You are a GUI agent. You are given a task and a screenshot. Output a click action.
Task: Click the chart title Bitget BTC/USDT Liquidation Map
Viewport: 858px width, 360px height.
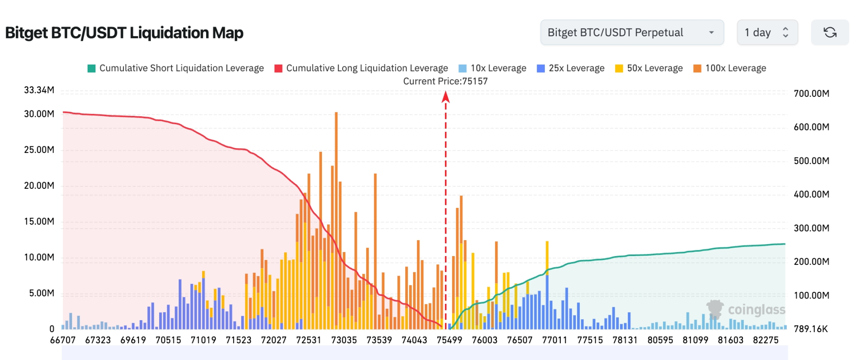click(124, 33)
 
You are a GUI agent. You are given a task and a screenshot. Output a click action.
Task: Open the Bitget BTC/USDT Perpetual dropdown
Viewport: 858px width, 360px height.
click(632, 32)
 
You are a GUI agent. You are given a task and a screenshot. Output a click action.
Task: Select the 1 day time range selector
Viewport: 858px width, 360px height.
click(767, 32)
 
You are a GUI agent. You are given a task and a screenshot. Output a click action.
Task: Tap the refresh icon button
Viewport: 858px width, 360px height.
click(830, 32)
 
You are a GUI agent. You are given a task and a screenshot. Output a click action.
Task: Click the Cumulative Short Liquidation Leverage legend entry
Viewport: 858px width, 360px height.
click(176, 68)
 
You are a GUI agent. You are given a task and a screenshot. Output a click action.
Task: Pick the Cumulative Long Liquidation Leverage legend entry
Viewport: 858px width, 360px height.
click(361, 68)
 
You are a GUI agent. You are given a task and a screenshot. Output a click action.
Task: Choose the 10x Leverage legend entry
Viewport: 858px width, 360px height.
click(493, 68)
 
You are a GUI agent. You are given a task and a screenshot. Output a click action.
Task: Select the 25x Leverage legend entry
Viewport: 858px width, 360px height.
click(571, 68)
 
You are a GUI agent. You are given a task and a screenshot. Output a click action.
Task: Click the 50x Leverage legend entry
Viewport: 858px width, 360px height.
click(649, 68)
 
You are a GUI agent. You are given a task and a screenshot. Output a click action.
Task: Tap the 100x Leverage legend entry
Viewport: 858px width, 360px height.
click(730, 68)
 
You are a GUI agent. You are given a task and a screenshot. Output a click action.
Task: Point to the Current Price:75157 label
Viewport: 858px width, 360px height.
click(445, 81)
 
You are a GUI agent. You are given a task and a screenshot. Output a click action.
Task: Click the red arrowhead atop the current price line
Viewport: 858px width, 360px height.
click(446, 96)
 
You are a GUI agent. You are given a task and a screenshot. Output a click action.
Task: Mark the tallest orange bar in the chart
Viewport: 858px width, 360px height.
click(336, 177)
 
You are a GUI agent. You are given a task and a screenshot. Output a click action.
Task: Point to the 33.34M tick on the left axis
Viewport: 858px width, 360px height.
click(39, 90)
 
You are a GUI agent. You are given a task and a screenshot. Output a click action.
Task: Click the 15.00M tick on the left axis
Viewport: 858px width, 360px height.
click(39, 222)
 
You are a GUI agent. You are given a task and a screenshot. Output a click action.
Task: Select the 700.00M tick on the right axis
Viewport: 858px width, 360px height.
click(811, 94)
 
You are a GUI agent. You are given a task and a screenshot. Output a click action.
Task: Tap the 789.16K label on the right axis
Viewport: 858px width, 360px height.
click(811, 329)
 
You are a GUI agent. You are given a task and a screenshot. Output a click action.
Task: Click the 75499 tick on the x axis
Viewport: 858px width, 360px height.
click(449, 340)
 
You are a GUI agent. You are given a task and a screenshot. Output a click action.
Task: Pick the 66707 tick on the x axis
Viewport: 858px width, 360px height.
click(63, 340)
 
